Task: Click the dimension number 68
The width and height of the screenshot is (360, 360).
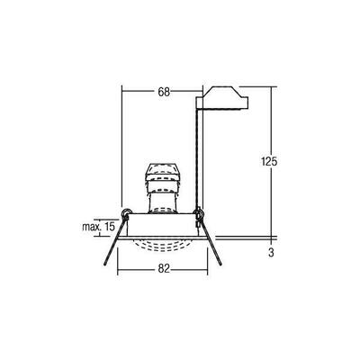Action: click(x=163, y=92)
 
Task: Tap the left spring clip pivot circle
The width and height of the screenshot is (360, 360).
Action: click(x=127, y=213)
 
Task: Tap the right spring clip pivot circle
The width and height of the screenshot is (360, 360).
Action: click(x=200, y=214)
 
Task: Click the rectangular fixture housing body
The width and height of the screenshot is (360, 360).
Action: click(x=163, y=226)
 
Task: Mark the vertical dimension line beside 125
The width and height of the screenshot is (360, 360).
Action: click(x=271, y=126)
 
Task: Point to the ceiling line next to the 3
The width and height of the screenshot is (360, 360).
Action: click(x=252, y=238)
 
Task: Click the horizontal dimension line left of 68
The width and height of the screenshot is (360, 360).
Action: click(x=137, y=92)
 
